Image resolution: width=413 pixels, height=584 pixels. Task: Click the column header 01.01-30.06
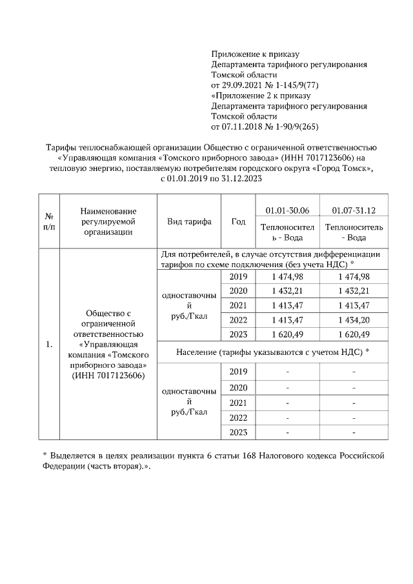point(287,210)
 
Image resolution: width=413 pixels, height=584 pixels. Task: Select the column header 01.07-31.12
point(354,210)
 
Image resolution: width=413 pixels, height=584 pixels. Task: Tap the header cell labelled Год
point(238,221)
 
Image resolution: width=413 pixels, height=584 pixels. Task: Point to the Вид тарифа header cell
point(189,221)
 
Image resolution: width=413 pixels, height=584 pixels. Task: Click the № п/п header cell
point(48,221)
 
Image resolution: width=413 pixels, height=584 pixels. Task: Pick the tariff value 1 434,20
point(354,319)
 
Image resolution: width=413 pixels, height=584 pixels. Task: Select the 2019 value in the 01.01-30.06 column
point(287,276)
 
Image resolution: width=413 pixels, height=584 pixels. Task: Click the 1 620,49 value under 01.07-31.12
point(354,334)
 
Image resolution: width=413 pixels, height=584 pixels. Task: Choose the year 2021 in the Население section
point(238,402)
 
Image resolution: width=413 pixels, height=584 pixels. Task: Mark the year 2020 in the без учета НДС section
point(238,291)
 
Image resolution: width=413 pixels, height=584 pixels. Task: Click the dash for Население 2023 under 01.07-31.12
point(354,432)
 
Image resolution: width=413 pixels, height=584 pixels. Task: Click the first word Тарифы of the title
point(63,146)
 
